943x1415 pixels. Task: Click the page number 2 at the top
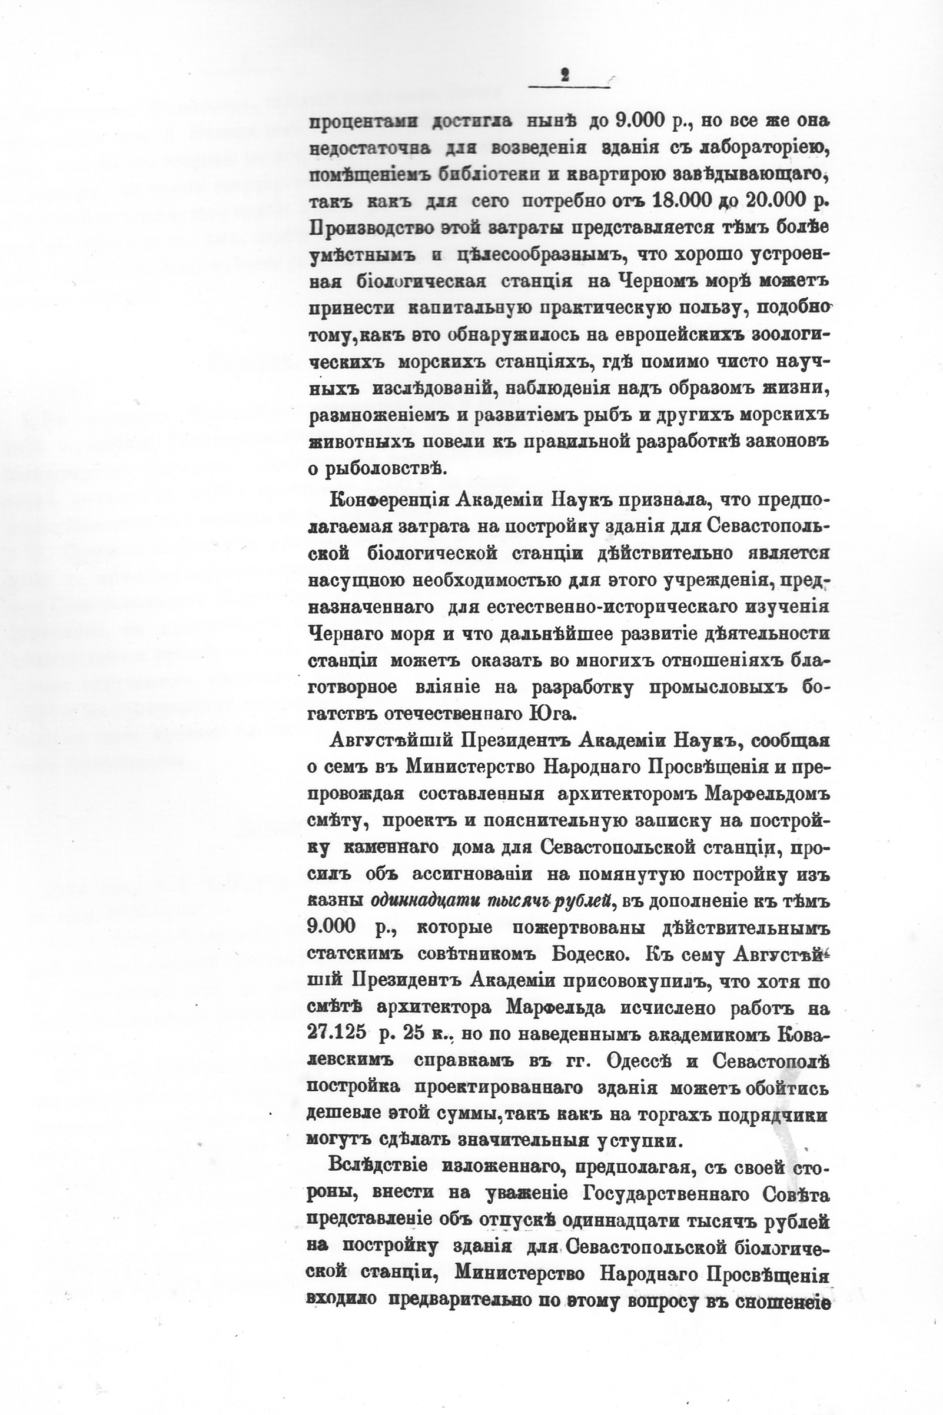click(565, 76)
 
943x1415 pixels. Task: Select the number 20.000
click(776, 201)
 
